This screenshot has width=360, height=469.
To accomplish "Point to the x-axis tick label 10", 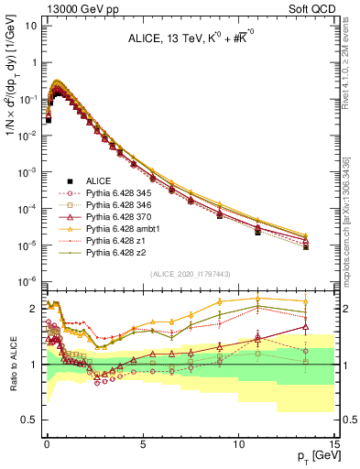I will [237, 442].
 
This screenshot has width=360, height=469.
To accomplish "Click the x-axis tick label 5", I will [142, 442].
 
